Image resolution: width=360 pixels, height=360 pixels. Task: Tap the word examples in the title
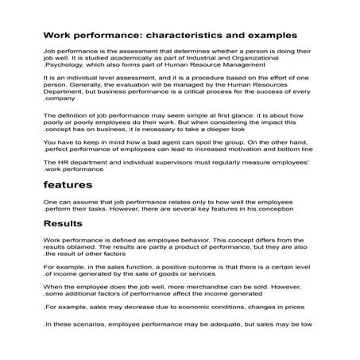[x=270, y=35]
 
